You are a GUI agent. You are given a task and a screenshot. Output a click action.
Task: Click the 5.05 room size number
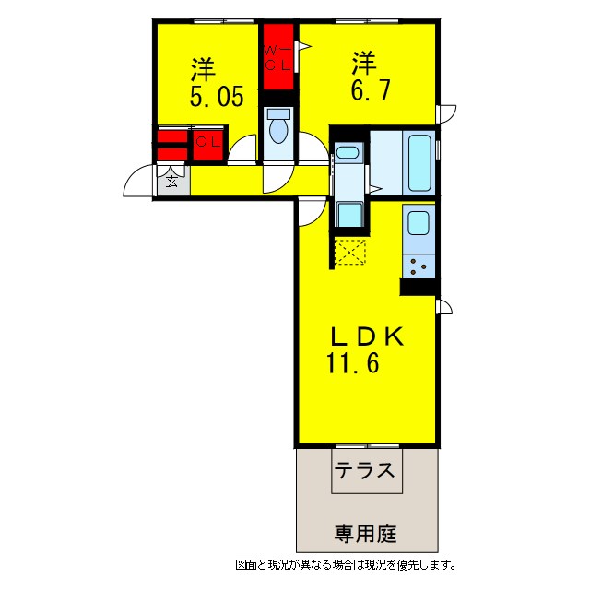(x=218, y=98)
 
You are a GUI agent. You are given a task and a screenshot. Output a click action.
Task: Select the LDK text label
(x=365, y=336)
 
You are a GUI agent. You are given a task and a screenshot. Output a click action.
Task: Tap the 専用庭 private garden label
(x=365, y=533)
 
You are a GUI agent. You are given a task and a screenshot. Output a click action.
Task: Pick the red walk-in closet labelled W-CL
(x=277, y=56)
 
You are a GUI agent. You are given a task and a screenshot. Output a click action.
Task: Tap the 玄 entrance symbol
(x=173, y=180)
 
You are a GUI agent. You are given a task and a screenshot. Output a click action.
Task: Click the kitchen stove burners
(x=418, y=265)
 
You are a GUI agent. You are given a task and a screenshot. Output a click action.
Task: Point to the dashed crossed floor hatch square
(x=350, y=252)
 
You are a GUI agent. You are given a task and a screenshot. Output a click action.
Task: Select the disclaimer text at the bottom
(x=345, y=564)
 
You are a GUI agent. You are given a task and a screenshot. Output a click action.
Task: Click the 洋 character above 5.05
(x=204, y=69)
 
